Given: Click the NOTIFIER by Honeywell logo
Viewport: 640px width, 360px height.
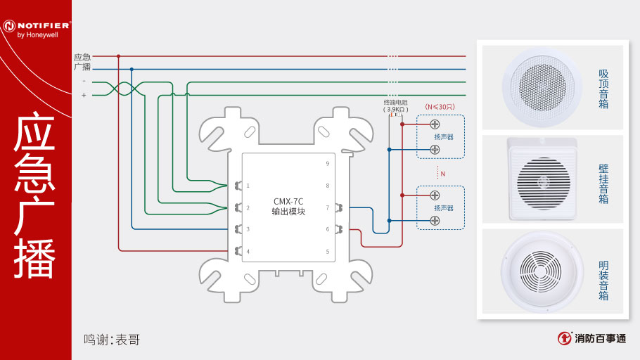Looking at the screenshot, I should (x=35, y=28).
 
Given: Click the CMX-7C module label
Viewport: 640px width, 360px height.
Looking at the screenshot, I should (x=288, y=206).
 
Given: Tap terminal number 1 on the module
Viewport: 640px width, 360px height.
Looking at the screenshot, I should (x=248, y=186).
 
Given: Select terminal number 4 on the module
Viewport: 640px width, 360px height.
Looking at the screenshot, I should (x=248, y=251).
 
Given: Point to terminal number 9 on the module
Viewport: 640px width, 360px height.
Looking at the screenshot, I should (x=327, y=163).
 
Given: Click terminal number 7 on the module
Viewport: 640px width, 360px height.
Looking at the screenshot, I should (x=327, y=207).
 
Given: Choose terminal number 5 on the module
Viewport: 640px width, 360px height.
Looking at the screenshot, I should (x=327, y=251).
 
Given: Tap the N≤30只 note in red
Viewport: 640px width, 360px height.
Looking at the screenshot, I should (x=440, y=106).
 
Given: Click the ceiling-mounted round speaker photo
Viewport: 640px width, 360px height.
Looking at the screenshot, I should (x=542, y=86).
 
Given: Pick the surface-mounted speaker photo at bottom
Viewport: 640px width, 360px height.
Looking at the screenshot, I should (x=542, y=273).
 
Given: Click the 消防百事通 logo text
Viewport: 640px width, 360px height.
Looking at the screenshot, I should (x=599, y=338).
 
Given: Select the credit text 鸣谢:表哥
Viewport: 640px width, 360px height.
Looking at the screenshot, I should (x=112, y=340).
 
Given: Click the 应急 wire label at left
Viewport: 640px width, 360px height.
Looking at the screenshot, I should (x=82, y=56).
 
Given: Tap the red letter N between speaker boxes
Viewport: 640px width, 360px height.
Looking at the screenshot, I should (x=442, y=173).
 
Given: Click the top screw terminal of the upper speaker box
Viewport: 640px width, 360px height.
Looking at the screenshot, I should (x=435, y=124).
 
